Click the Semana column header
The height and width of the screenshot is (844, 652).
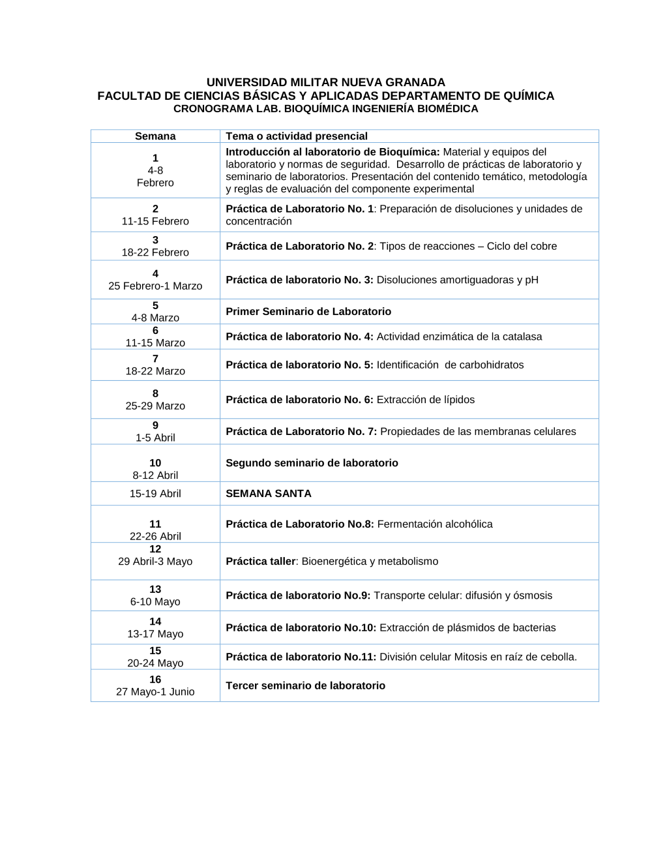pyautogui.click(x=155, y=136)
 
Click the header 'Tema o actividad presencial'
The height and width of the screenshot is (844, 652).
pyautogui.click(x=297, y=136)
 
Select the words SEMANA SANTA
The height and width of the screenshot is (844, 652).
pyautogui.click(x=269, y=494)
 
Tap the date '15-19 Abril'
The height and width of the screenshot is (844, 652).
pyautogui.click(x=155, y=494)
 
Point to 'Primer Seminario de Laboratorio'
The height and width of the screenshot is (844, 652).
pyautogui.click(x=308, y=312)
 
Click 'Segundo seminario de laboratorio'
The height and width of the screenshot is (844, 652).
pyautogui.click(x=312, y=463)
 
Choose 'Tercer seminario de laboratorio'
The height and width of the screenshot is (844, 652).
pyautogui.click(x=305, y=686)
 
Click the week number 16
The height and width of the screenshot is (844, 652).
pyautogui.click(x=155, y=680)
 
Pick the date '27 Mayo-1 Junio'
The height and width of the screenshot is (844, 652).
pyautogui.click(x=155, y=692)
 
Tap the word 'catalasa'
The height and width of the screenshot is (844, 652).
pyautogui.click(x=522, y=337)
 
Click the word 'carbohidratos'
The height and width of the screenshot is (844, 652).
pyautogui.click(x=492, y=365)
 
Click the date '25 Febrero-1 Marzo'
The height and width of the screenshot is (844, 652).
pyautogui.click(x=155, y=286)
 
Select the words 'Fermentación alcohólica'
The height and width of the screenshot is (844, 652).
pyautogui.click(x=435, y=524)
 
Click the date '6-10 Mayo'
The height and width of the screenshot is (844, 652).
pyautogui.click(x=155, y=602)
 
